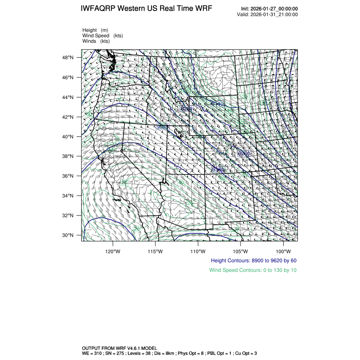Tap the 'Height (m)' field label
95,30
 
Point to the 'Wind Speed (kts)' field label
102,36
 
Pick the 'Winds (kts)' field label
96,41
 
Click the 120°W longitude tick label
113,250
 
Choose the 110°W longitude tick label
198,250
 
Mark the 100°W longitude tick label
283,250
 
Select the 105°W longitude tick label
241,250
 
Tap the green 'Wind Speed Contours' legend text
253,270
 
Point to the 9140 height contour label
218,104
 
